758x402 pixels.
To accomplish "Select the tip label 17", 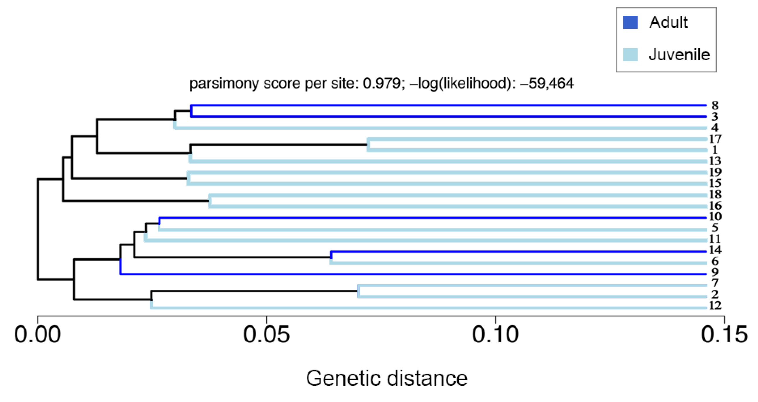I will tap(715, 139).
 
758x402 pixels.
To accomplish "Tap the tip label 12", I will tap(715, 306).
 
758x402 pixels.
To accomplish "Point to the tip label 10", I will tap(715, 217).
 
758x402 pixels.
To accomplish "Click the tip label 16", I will tap(715, 206).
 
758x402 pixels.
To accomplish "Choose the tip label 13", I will tap(715, 161).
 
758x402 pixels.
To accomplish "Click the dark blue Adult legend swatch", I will tap(630, 22).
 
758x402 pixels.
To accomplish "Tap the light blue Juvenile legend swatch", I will tap(630, 55).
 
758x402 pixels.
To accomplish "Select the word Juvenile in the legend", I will tap(679, 55).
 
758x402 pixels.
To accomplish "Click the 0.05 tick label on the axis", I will tap(266, 335).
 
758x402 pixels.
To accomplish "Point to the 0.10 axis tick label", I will tap(495, 335).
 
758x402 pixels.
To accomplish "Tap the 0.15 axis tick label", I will tap(724, 335).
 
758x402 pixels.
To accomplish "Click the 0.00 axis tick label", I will tap(37, 335).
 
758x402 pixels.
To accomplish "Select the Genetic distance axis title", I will tap(387, 379).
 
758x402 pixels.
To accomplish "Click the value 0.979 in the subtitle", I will tap(381, 83).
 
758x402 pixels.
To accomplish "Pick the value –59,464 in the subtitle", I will tap(547, 83).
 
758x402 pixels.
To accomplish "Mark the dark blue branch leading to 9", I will tap(412, 274).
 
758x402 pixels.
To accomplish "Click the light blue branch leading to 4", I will tap(441, 128).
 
